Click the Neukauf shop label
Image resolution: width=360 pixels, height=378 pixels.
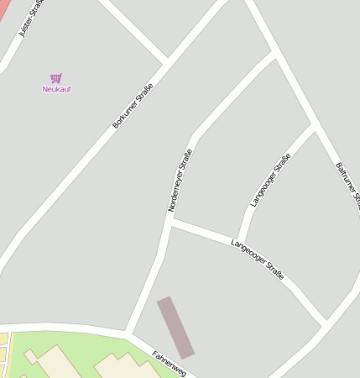coord(56,89)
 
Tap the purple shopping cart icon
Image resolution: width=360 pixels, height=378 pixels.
coord(56,78)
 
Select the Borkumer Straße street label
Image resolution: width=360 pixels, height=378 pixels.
coord(133,106)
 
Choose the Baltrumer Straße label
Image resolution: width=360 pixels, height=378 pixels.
coord(347,184)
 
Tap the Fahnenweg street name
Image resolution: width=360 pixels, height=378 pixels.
coord(169,364)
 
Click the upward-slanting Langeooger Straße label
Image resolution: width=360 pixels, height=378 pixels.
coord(270,180)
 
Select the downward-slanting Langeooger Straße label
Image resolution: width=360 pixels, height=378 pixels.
coord(257,259)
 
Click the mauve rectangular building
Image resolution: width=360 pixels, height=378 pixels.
coord(175,328)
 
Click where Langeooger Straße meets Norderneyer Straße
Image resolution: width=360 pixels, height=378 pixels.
coord(170,223)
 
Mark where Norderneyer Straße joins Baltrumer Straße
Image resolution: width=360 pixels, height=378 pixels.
coord(274,54)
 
